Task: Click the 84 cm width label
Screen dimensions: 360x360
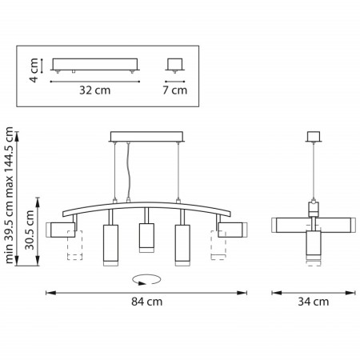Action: click(146, 302)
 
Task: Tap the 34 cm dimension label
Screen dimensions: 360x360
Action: click(314, 302)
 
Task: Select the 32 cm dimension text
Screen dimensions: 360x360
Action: click(95, 90)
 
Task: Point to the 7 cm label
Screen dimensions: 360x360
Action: click(175, 90)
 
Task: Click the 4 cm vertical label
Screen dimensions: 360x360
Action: click(34, 70)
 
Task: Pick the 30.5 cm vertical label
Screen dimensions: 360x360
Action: click(30, 230)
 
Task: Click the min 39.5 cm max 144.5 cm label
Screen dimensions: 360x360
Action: click(9, 195)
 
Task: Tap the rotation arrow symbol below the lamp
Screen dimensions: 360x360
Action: click(146, 280)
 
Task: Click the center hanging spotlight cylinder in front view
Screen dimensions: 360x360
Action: click(146, 238)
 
